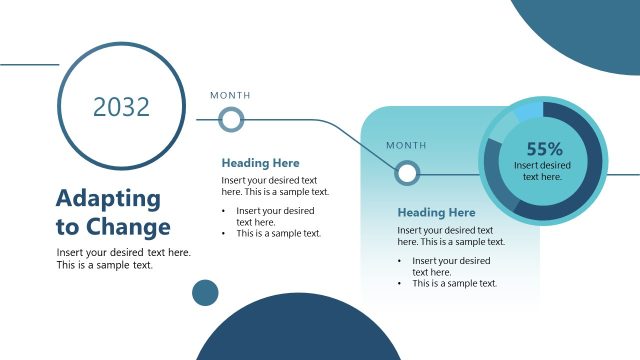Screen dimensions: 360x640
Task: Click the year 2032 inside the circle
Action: coord(121,107)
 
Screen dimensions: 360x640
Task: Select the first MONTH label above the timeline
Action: coord(230,96)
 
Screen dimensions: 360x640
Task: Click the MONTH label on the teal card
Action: coord(406,146)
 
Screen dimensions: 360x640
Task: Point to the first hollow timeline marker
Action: coord(231,121)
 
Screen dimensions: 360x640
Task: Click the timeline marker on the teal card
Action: coord(406,173)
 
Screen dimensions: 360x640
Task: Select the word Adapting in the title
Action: coord(108,198)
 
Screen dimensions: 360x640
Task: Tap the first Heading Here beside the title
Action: coord(260,163)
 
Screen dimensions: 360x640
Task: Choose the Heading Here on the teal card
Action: coord(436,213)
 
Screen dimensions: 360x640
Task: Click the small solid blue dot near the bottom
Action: coord(205,292)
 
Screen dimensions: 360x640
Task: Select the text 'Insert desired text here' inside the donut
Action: coord(543,170)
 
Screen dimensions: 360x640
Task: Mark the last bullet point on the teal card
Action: coord(454,283)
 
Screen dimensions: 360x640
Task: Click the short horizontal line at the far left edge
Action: coord(29,65)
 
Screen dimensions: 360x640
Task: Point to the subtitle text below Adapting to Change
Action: coord(123,259)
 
